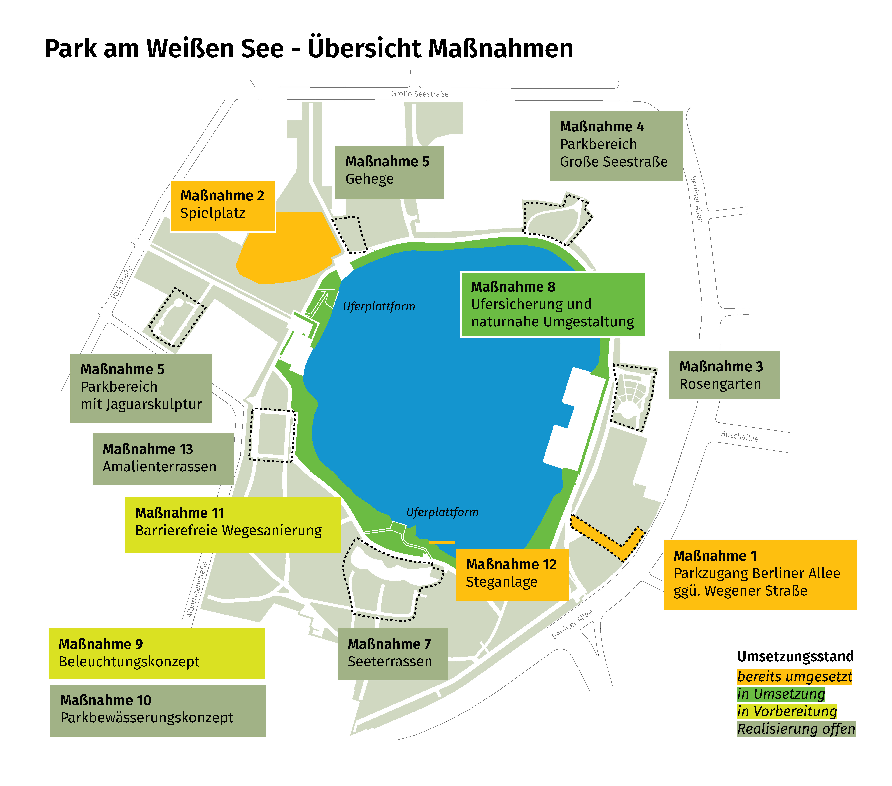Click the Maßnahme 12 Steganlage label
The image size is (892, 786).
point(512,574)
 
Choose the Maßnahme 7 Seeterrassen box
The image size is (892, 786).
point(392,654)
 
